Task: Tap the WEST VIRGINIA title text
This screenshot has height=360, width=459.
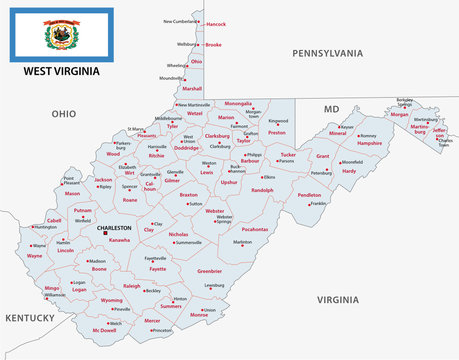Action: [x=60, y=75]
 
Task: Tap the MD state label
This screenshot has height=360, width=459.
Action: [x=331, y=108]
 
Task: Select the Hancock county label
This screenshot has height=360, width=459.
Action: [x=215, y=23]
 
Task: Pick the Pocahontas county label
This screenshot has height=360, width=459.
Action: [x=255, y=229]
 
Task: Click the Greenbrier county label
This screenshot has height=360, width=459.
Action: [x=209, y=271]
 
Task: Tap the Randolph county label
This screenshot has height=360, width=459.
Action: [x=262, y=189]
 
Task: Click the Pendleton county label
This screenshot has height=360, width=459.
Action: [x=310, y=195]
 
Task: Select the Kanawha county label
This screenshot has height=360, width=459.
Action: [x=119, y=240]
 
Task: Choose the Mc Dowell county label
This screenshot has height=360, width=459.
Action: [x=104, y=329]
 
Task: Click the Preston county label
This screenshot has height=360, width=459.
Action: [x=277, y=132]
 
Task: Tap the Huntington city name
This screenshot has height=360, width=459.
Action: [x=45, y=227]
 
